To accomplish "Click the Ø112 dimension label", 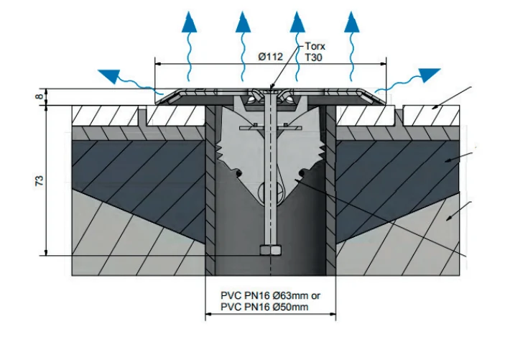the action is click(271, 57).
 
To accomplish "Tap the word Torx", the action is click(315, 46).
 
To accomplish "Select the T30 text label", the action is click(314, 57).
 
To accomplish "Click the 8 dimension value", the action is click(39, 96).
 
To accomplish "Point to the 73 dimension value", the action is click(39, 180).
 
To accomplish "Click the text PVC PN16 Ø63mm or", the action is click(270, 295).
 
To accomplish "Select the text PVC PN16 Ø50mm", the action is click(264, 307).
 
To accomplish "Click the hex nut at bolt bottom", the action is click(270, 250).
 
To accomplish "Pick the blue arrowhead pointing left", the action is click(110, 76).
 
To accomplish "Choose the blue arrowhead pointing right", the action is click(429, 75).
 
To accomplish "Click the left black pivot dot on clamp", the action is click(239, 173).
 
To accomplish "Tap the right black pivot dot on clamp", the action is click(302, 172).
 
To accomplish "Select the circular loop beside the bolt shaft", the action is click(265, 191).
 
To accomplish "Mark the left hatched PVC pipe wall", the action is click(210, 190).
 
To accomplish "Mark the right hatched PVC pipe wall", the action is click(331, 190).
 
